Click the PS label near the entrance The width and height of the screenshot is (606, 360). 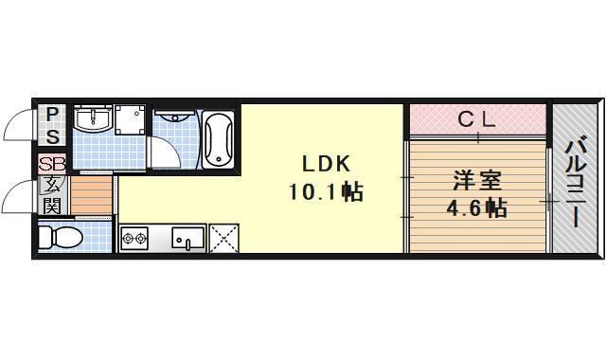point(53,123)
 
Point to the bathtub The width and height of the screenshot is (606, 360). point(220,140)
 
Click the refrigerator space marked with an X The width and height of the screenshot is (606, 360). point(225,238)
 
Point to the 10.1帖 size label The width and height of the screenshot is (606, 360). point(325,191)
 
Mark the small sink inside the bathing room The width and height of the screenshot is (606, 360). point(175,118)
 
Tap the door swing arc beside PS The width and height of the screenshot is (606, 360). point(19,126)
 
